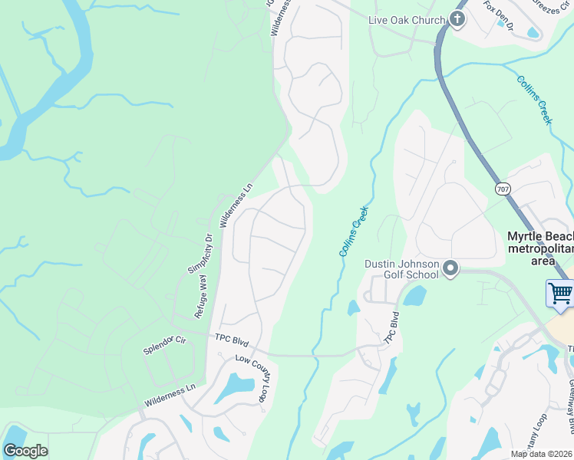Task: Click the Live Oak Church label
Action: (406, 20)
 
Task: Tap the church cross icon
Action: (457, 19)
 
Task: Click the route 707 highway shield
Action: (503, 189)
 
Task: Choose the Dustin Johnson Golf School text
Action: (401, 269)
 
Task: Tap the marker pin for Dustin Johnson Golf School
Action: (450, 269)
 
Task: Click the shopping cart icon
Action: (561, 293)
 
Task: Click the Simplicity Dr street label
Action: (198, 254)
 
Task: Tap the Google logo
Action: (25, 451)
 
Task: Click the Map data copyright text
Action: (542, 454)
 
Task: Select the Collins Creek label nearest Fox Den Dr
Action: (534, 100)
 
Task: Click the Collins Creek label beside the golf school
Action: (354, 231)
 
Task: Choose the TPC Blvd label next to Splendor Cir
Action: (233, 338)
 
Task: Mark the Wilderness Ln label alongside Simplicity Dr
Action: (236, 205)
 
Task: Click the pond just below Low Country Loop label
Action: (235, 388)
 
